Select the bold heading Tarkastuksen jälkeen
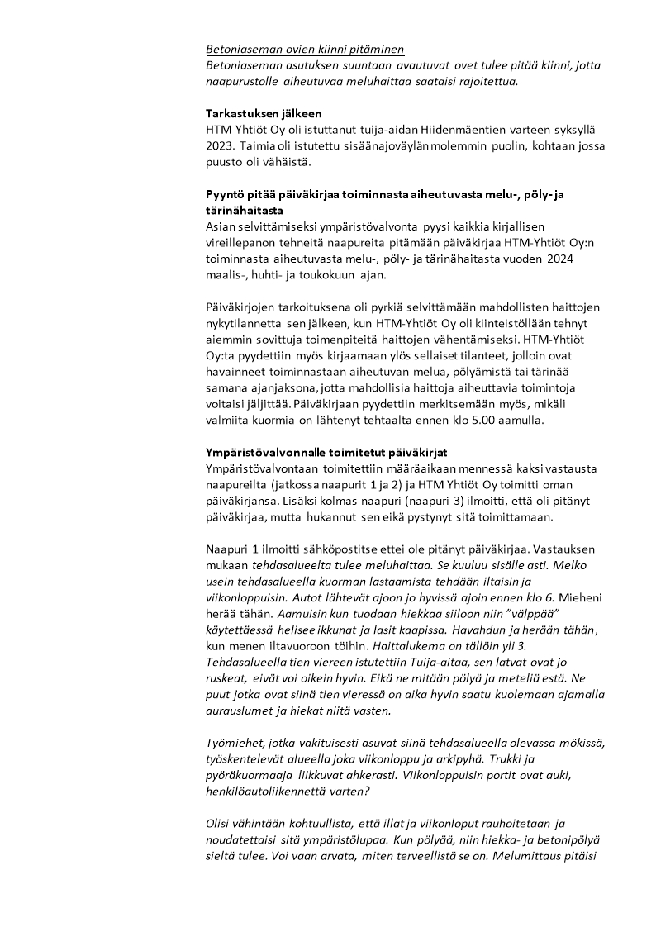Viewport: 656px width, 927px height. [x=264, y=113]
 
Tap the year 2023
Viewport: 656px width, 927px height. [x=219, y=146]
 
